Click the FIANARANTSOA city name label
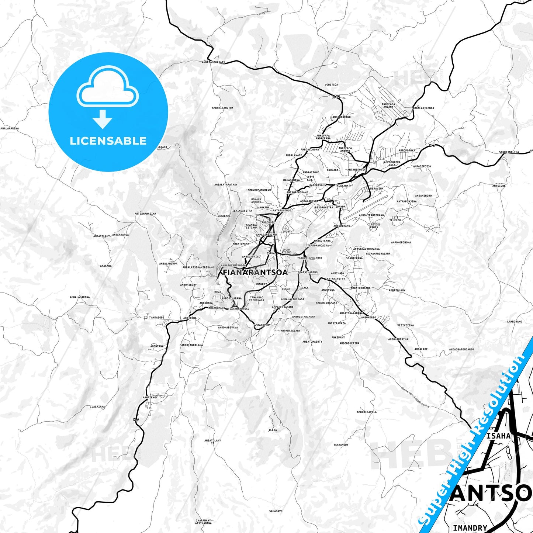tap(255, 273)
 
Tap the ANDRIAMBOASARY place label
tap(213, 62)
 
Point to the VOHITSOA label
tap(331, 85)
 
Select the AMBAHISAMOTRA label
tap(222, 108)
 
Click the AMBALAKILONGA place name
tap(423, 108)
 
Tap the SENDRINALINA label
tap(509, 152)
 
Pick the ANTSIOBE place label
tap(499, 186)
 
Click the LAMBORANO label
tap(515, 322)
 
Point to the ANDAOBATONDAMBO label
tap(461, 349)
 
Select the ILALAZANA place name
tap(97, 406)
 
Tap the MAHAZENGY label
tap(150, 397)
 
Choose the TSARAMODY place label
tap(341, 445)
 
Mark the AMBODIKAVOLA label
tap(367, 412)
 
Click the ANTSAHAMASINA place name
tap(145, 214)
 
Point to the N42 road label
tap(335, 97)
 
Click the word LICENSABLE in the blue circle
tap(108, 141)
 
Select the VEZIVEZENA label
tap(405, 325)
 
